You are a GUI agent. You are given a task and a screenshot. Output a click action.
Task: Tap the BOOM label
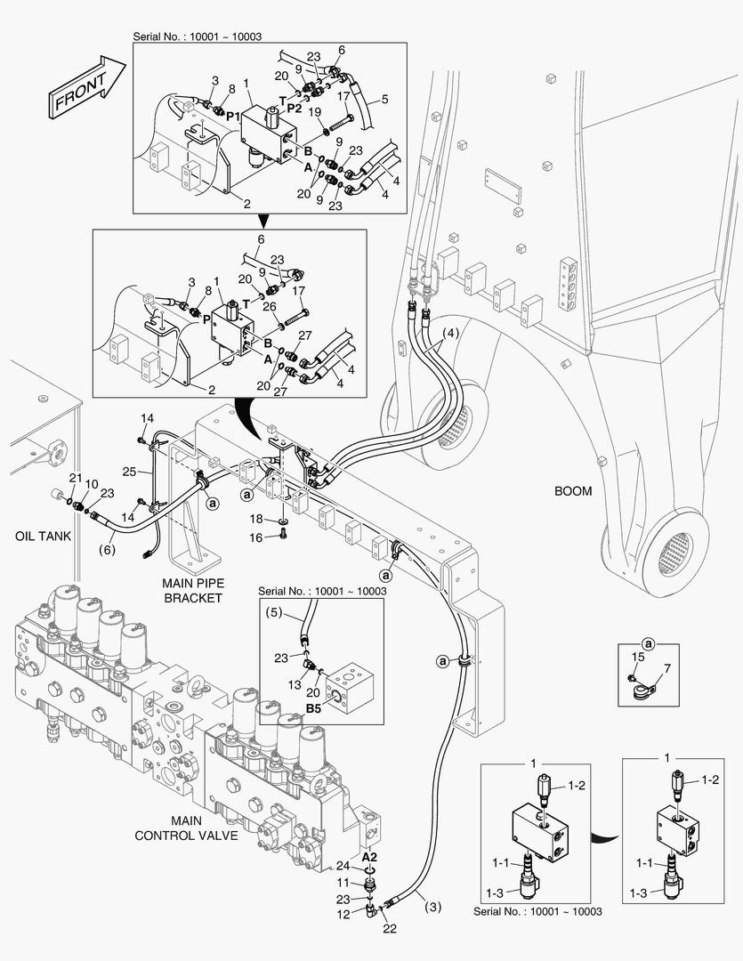[573, 490]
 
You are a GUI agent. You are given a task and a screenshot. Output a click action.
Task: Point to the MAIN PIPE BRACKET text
[191, 590]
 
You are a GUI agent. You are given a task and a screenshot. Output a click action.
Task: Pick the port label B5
[314, 708]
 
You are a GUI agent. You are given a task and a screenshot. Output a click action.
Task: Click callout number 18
[255, 518]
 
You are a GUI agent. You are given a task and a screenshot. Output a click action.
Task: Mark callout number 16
[255, 537]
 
